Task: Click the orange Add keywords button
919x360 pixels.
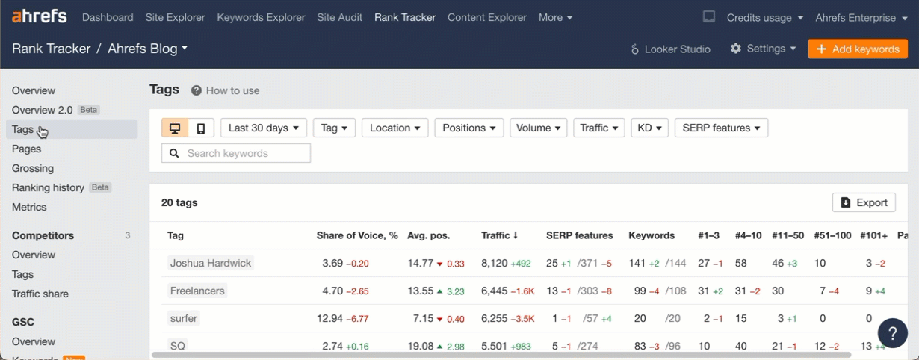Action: [x=858, y=49]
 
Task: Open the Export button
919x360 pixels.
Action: [x=864, y=202]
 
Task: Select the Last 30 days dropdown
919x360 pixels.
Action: [x=264, y=128]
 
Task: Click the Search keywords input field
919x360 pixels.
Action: [x=236, y=153]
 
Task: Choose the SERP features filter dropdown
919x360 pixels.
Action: [x=721, y=128]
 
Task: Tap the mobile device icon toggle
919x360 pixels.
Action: [x=201, y=128]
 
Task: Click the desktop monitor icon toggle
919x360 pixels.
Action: [x=175, y=128]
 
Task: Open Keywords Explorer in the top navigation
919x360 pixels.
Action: [x=261, y=17]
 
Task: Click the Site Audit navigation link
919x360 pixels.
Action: [x=339, y=17]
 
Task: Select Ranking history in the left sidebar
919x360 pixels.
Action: [x=48, y=187]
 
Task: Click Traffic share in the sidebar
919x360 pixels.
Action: [x=40, y=294]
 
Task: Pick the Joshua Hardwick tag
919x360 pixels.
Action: [x=211, y=263]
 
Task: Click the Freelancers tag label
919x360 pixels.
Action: [x=197, y=291]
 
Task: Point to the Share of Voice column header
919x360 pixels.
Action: [x=357, y=235]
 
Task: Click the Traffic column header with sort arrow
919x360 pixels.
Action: [x=500, y=235]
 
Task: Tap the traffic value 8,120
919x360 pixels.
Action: [x=494, y=263]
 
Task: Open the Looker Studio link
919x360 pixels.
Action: [x=670, y=49]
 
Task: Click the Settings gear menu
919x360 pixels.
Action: [x=763, y=49]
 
